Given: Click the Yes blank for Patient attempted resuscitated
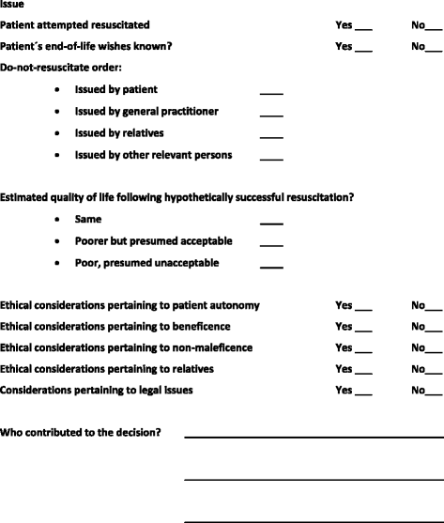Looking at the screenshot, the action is (x=363, y=28).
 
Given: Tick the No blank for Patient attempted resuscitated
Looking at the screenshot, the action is (x=433, y=28).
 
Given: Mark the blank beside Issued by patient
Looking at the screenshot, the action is (x=271, y=94).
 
